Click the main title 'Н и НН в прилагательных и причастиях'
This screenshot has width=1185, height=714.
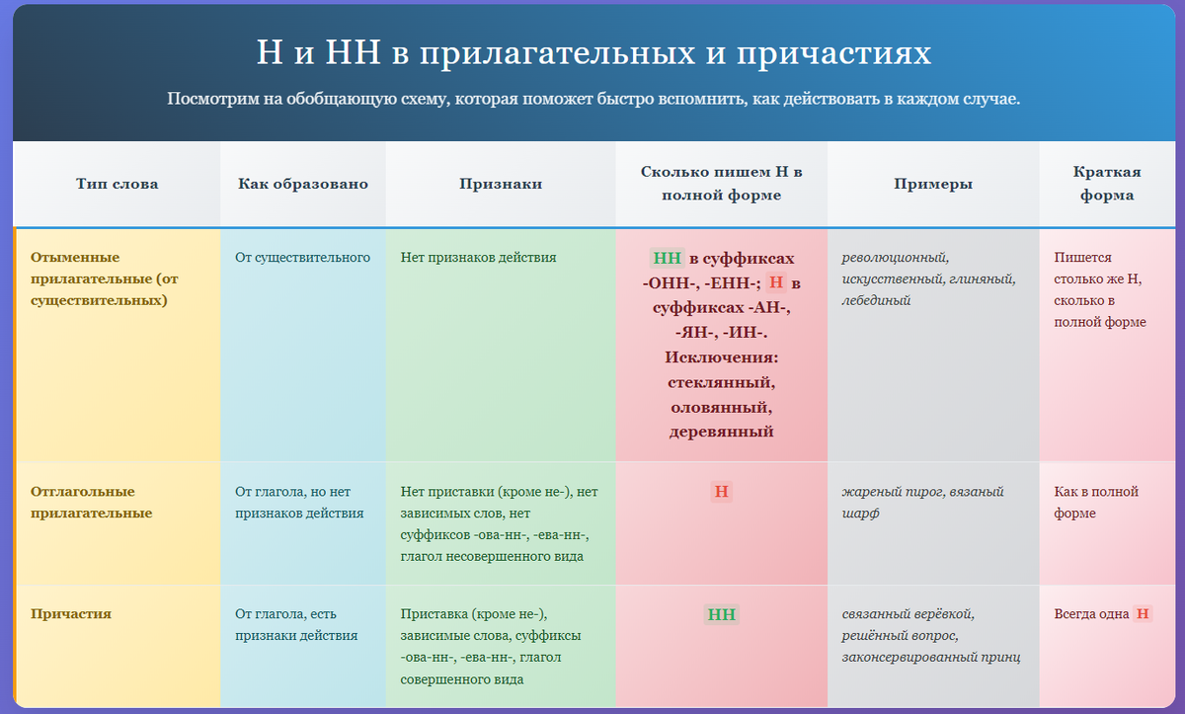(592, 52)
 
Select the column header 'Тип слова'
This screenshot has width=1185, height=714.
(117, 184)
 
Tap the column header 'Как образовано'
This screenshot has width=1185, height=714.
(303, 184)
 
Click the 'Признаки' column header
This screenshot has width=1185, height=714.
(500, 184)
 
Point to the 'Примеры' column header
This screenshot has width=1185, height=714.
(933, 184)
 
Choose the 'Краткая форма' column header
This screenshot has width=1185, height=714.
(1106, 184)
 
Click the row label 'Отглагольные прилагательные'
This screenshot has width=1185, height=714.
(83, 502)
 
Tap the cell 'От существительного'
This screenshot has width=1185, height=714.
(302, 258)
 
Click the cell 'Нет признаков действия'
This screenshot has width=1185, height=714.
(478, 258)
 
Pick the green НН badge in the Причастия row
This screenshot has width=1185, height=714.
(722, 614)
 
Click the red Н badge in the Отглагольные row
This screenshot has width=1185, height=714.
(722, 492)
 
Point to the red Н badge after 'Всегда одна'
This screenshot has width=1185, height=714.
(1143, 614)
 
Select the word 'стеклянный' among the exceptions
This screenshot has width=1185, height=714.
(721, 381)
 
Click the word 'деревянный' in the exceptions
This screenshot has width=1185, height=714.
(721, 432)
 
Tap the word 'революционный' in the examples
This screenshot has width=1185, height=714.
(894, 258)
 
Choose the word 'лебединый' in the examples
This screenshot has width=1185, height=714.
(876, 300)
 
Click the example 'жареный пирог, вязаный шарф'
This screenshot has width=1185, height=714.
(922, 502)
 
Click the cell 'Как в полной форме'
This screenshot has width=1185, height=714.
(1096, 502)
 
